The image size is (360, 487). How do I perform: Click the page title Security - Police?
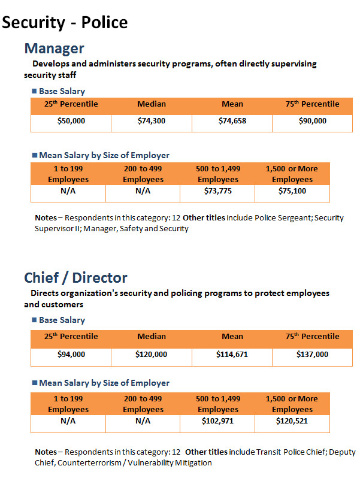[65, 23]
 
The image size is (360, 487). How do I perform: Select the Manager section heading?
[54, 49]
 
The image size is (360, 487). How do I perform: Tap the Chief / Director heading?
[75, 278]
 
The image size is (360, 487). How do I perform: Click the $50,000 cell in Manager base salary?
[71, 121]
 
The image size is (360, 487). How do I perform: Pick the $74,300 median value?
[152, 121]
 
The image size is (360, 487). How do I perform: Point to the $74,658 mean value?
[232, 121]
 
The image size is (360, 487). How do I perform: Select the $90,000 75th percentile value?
[313, 121]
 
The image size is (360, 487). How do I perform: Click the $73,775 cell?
[218, 191]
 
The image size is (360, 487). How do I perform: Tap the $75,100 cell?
[292, 191]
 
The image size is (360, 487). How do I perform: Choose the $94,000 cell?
[71, 355]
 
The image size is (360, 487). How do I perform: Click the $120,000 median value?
[151, 355]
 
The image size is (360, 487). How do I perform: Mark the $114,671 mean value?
[232, 355]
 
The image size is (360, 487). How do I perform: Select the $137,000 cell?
[312, 355]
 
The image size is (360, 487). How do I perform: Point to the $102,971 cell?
[217, 421]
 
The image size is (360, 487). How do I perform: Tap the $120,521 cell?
[292, 421]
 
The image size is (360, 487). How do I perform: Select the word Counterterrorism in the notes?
[89, 463]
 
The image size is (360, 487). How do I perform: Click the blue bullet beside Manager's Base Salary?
[35, 91]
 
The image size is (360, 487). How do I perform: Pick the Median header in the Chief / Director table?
[152, 337]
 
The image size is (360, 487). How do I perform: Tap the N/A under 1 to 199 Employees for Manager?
[68, 191]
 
